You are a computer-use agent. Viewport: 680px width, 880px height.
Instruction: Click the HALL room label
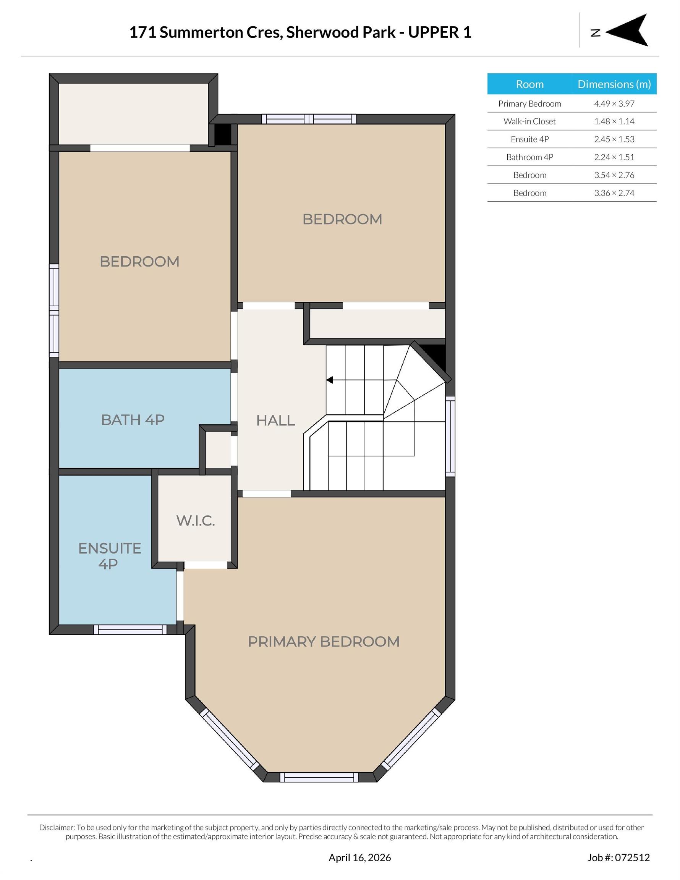click(x=275, y=420)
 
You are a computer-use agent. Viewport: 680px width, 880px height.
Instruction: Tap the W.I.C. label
click(x=196, y=521)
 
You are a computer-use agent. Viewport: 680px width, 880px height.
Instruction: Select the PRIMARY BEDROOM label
click(x=324, y=641)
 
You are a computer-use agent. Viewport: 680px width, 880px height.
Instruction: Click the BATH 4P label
click(x=133, y=420)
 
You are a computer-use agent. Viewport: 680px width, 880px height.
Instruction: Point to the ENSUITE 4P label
click(x=109, y=556)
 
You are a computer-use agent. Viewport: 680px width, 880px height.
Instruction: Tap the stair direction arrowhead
click(x=330, y=380)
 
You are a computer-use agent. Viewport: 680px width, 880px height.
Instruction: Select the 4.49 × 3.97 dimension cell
click(x=614, y=104)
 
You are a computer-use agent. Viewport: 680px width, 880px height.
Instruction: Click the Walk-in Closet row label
click(x=529, y=121)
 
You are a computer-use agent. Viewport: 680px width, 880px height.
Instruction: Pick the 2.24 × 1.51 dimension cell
click(x=614, y=157)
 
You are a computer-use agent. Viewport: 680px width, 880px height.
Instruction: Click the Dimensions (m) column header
click(x=614, y=84)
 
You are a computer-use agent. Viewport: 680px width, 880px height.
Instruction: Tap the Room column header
click(x=529, y=84)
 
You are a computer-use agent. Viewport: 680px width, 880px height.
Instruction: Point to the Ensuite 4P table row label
click(x=529, y=139)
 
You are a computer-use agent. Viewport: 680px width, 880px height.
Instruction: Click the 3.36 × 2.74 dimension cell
click(x=614, y=193)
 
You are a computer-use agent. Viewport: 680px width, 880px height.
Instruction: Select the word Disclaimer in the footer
click(x=57, y=828)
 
